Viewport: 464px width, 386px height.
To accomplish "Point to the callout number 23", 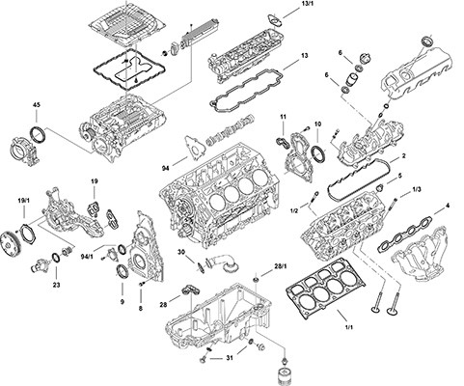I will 55,285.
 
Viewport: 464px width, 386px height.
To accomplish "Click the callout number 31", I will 229,358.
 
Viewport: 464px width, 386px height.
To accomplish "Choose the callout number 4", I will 447,207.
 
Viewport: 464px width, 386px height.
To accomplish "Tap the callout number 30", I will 180,252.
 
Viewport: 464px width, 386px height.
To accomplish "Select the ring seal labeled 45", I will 37,132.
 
